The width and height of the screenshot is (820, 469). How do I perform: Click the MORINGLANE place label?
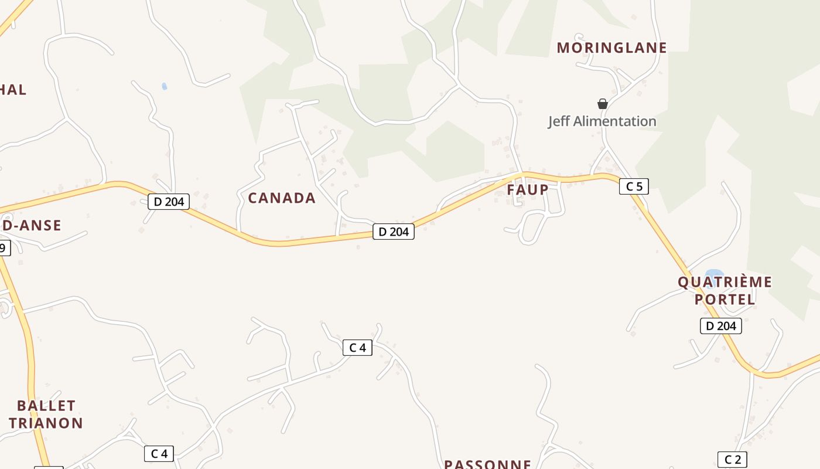(611, 47)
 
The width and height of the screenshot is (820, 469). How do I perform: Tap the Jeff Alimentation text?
(602, 121)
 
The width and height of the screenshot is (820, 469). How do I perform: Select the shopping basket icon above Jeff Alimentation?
(602, 104)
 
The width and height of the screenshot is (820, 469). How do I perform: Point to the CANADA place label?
(282, 198)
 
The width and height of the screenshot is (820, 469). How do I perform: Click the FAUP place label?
(528, 189)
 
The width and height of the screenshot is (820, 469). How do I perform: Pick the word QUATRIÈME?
(725, 282)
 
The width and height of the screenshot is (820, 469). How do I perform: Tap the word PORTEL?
(725, 299)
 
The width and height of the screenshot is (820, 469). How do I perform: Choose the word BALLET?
(46, 406)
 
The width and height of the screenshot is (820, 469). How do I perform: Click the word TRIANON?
(46, 423)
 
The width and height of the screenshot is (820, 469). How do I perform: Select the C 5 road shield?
(634, 186)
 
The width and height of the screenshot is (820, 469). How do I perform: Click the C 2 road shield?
(732, 460)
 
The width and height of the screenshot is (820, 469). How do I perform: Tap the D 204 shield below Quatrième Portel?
(720, 326)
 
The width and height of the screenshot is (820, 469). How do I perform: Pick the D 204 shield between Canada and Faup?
(393, 232)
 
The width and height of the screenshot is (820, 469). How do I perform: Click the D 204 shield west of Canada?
(169, 202)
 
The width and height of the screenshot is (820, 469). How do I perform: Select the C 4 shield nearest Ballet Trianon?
(159, 453)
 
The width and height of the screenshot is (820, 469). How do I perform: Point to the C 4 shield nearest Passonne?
(357, 348)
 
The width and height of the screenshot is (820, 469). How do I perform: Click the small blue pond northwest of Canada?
(165, 86)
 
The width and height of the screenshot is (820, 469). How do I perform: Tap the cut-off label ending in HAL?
(13, 90)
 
